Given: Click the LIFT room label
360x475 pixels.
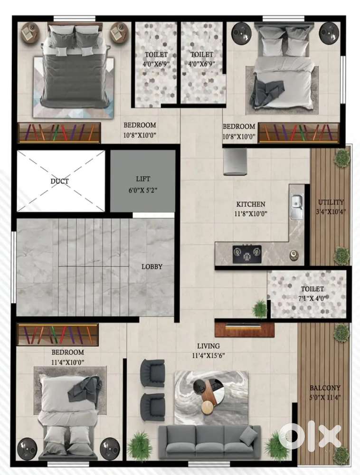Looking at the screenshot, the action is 143,179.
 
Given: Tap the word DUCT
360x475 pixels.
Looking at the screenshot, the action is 60,181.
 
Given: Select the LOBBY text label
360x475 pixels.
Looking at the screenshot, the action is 152,266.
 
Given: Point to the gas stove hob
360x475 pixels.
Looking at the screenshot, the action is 247,254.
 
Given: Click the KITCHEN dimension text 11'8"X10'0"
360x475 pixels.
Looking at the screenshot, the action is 251,214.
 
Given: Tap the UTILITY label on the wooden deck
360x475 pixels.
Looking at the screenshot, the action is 331,202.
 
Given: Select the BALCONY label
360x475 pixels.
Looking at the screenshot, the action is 325,388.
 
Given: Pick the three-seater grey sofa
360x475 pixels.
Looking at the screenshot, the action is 209,442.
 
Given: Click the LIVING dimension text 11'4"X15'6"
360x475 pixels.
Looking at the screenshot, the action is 208,356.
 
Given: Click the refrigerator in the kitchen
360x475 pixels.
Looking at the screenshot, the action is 235,161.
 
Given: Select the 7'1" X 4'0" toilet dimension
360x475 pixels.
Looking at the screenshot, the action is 312,298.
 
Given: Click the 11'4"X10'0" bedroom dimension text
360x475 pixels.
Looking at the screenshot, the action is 68,362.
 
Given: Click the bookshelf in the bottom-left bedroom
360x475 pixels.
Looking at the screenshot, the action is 58,335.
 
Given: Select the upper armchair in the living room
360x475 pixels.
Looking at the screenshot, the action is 152,373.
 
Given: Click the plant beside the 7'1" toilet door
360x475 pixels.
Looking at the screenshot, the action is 260,309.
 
